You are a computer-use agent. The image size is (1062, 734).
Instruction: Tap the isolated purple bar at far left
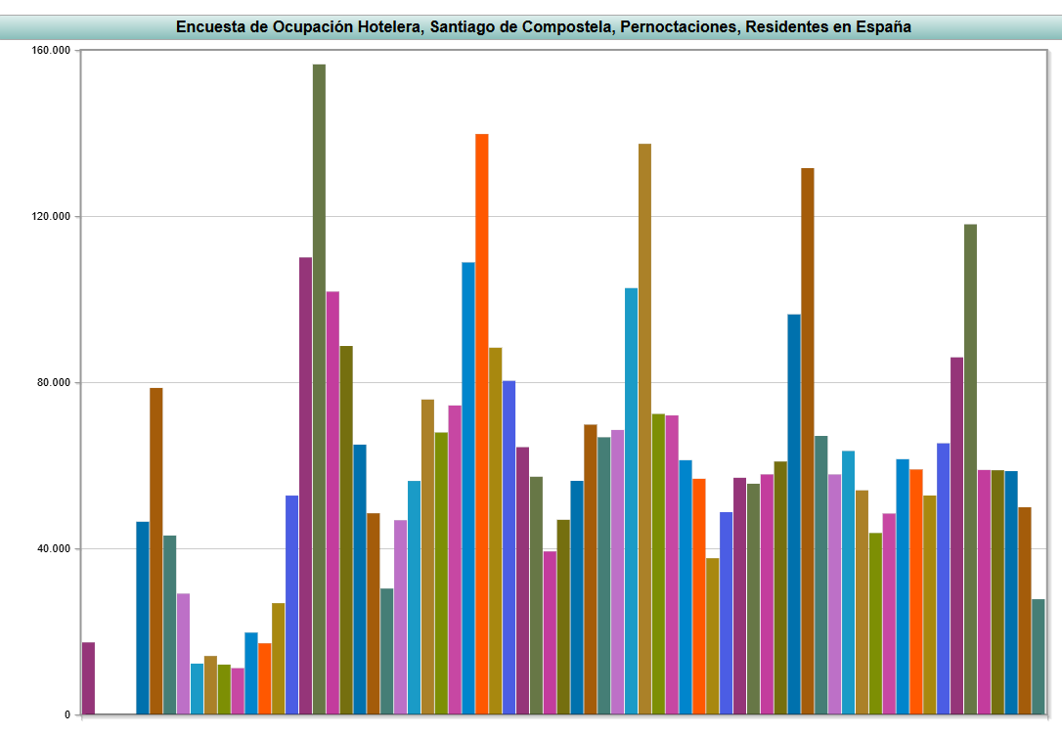tap(88, 678)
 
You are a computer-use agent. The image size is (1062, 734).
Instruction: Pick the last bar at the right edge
tap(1038, 657)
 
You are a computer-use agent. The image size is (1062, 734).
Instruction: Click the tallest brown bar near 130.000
tap(808, 441)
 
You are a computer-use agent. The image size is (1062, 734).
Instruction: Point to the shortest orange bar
tap(265, 678)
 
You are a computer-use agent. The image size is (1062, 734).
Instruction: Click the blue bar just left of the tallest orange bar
tap(468, 488)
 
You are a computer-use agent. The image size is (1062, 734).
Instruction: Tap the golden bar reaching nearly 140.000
tap(644, 429)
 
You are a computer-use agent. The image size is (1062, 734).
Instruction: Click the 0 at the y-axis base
tap(67, 715)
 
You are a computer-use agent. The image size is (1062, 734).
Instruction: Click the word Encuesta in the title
tap(209, 27)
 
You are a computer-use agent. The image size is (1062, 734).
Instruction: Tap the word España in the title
tap(883, 27)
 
